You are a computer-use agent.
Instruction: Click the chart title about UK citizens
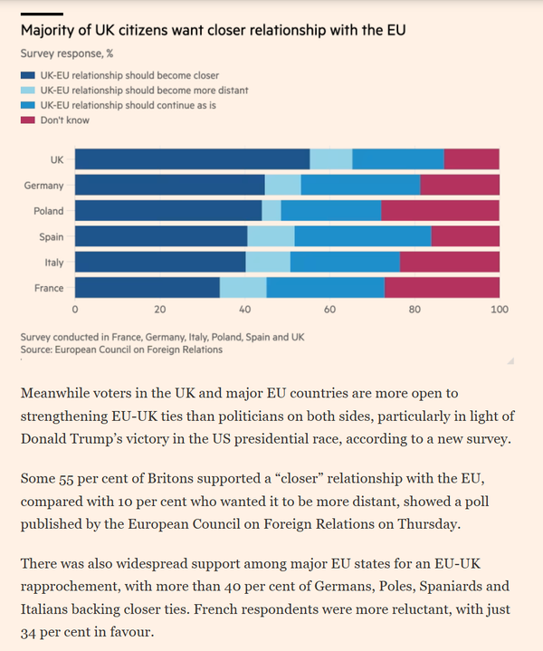coord(213,31)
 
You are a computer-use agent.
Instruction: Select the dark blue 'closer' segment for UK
coord(192,159)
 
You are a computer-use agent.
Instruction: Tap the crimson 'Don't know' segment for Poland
coord(440,211)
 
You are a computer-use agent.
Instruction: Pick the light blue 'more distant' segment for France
coord(243,288)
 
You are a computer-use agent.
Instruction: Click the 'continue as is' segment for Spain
coord(362,236)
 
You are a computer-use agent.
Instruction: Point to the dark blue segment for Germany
coord(169,186)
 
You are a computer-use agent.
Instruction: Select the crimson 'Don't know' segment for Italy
coord(449,263)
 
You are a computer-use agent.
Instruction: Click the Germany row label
coord(43,186)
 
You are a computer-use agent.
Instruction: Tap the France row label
coord(49,288)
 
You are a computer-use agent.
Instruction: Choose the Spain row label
coord(50,236)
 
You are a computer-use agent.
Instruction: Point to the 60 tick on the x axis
coord(329,310)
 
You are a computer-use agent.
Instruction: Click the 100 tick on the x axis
coord(499,310)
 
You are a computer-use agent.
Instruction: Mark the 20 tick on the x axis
coord(160,310)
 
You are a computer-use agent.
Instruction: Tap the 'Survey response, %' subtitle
coord(68,53)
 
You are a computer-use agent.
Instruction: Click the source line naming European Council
coord(121,349)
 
